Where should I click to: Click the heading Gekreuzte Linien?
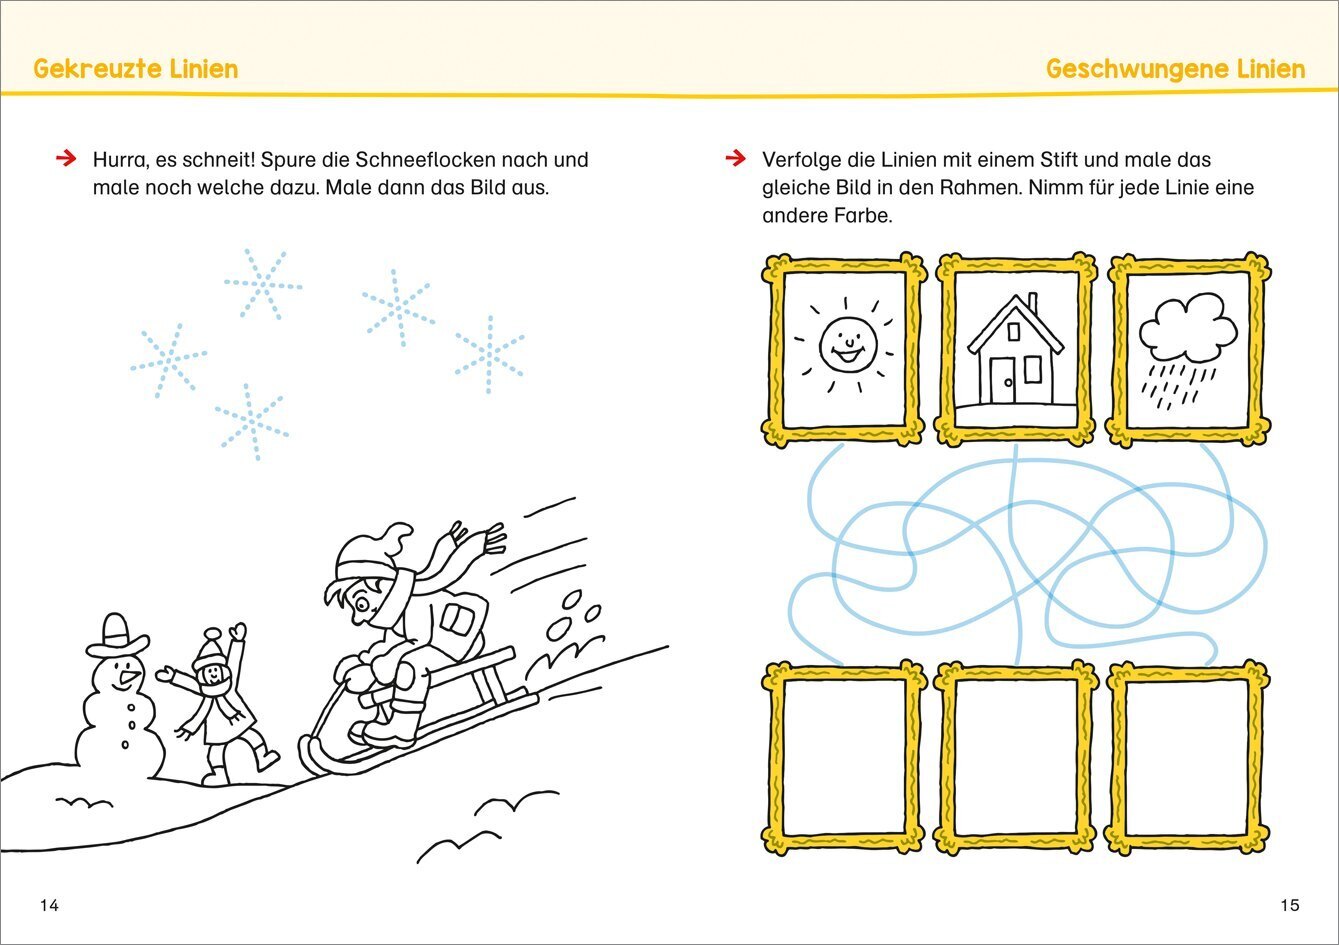(136, 69)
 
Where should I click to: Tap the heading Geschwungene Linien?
(1175, 70)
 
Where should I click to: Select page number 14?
(50, 905)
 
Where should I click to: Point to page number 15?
(1289, 905)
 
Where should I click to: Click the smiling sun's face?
(848, 345)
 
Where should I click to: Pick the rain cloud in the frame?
(1188, 328)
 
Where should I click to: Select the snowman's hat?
(117, 635)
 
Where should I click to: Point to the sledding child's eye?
(362, 605)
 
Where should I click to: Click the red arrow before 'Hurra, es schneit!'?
(66, 158)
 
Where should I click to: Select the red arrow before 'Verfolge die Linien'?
(736, 158)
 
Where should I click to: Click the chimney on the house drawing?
(1032, 302)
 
